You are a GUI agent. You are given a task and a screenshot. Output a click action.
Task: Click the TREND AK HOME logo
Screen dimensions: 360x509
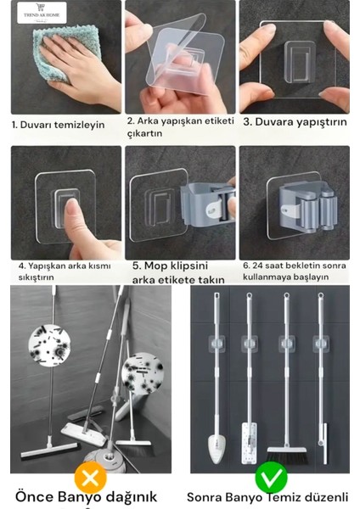click(x=42, y=13)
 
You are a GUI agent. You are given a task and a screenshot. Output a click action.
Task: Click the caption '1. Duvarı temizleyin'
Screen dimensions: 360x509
click(x=58, y=125)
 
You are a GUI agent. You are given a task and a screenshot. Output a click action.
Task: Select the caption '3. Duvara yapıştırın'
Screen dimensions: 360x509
click(x=295, y=122)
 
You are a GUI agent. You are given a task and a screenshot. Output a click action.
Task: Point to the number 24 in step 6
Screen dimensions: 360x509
click(x=257, y=266)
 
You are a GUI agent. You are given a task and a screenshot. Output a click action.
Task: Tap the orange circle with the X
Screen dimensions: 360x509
click(x=90, y=478)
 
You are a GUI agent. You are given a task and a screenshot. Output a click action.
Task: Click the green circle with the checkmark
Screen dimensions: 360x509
click(x=271, y=478)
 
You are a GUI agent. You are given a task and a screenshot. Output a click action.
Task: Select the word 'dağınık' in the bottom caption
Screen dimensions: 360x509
click(x=132, y=497)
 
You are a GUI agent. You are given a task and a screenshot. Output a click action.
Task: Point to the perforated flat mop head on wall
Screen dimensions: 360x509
click(x=250, y=443)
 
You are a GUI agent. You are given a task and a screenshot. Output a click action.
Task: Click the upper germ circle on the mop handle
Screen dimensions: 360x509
click(x=49, y=345)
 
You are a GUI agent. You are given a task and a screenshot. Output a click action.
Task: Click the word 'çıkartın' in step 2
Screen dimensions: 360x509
click(x=144, y=134)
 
